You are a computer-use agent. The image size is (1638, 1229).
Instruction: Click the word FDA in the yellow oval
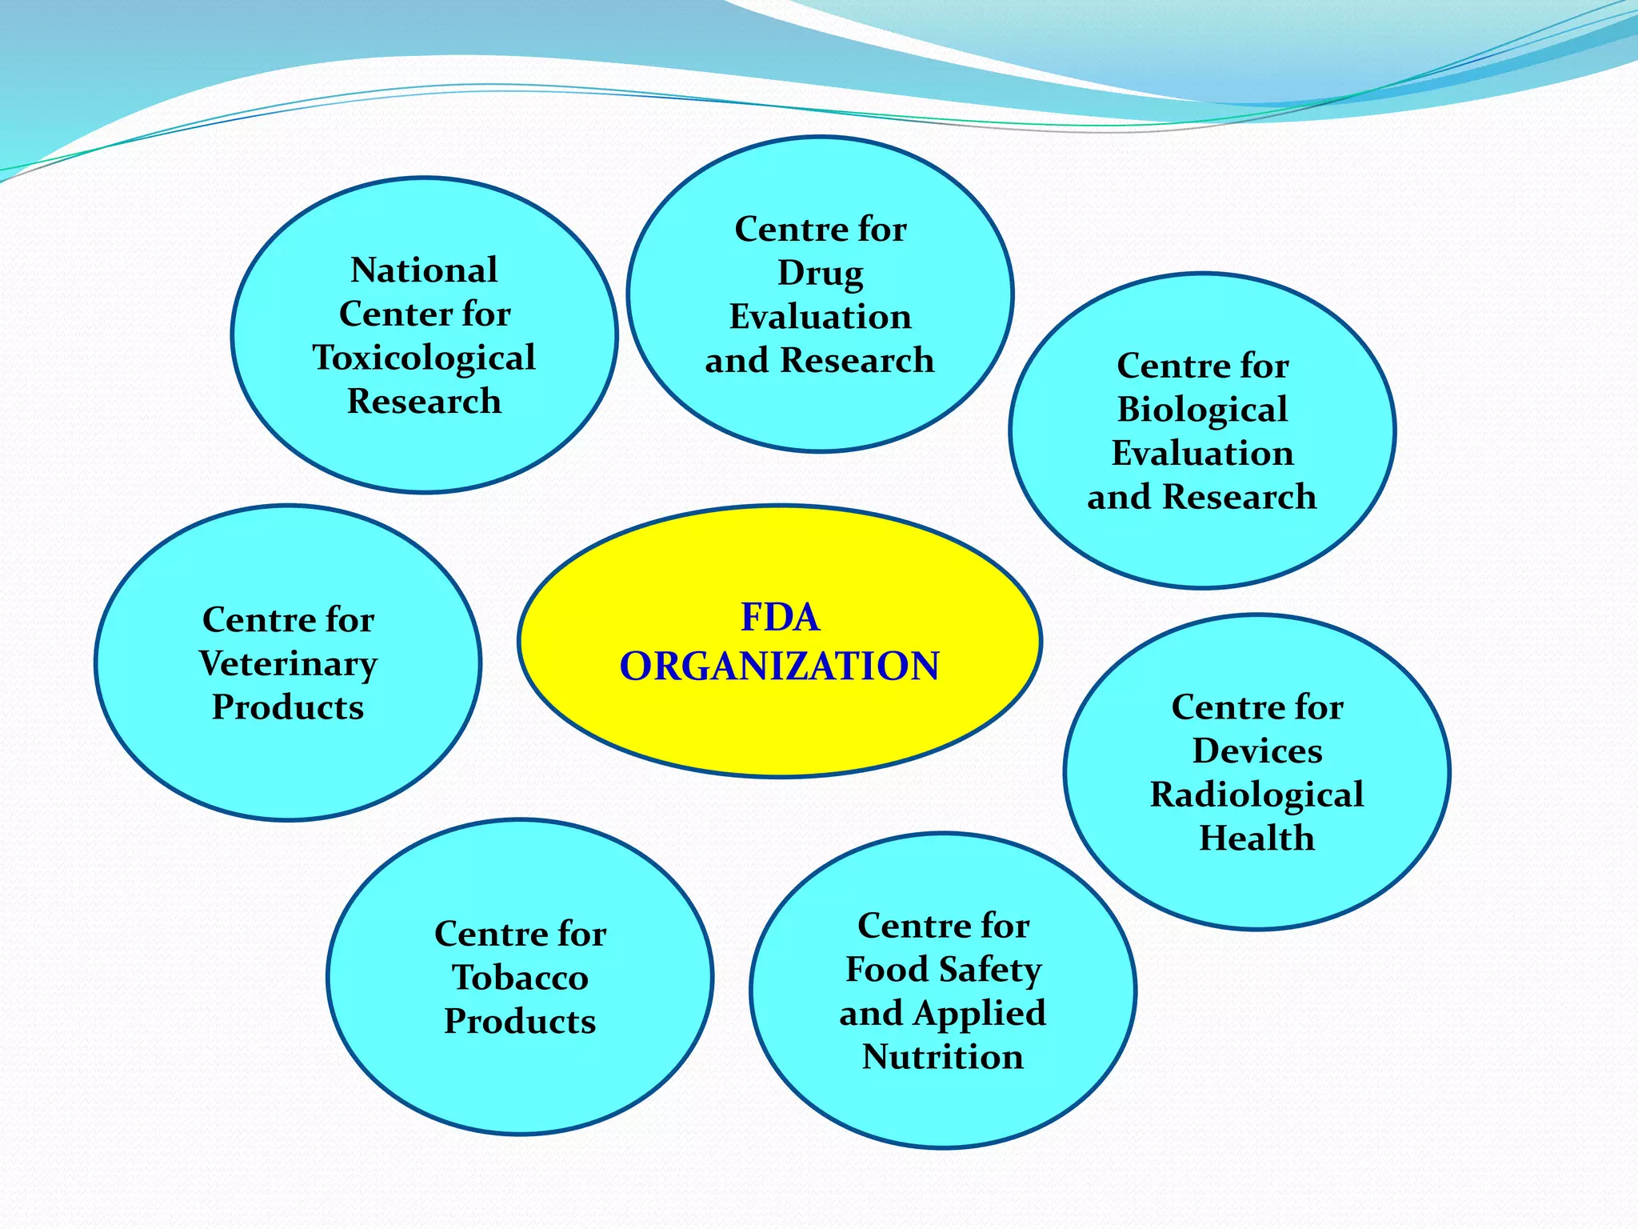click(x=780, y=618)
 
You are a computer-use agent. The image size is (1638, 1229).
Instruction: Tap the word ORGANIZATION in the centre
click(x=780, y=667)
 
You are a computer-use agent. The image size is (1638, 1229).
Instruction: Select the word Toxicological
click(x=424, y=358)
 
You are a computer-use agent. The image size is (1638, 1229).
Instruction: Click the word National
click(x=424, y=270)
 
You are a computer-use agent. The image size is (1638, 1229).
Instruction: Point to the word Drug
click(x=821, y=274)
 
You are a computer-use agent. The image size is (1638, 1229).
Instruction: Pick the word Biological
click(x=1202, y=410)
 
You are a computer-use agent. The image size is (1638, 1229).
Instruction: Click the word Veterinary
click(x=288, y=664)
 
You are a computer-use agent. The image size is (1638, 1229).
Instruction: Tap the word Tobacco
click(x=520, y=978)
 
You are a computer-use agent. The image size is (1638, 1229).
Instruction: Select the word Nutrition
click(x=942, y=1057)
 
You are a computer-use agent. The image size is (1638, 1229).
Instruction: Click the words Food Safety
click(x=944, y=970)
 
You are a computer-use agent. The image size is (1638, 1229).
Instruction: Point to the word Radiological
click(x=1256, y=795)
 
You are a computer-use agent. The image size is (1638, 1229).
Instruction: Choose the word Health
click(x=1256, y=839)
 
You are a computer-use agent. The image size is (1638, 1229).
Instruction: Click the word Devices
click(x=1256, y=751)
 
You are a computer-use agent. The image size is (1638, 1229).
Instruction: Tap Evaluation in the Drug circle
click(x=821, y=317)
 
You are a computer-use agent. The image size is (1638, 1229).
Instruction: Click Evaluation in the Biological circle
click(x=1202, y=454)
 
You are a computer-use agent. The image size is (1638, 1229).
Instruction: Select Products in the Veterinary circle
click(x=288, y=707)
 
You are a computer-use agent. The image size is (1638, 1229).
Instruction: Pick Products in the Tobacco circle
click(x=520, y=1022)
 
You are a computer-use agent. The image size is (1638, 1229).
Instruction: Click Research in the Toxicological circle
click(x=424, y=401)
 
